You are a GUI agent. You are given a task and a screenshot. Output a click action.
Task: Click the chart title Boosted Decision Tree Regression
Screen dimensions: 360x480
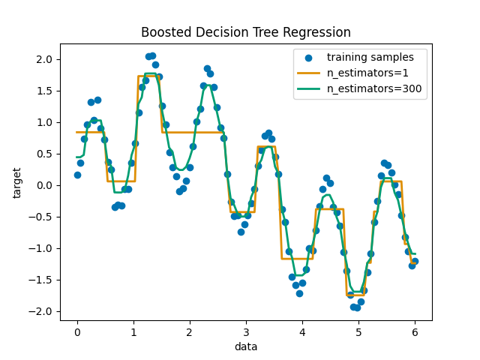(x=246, y=32)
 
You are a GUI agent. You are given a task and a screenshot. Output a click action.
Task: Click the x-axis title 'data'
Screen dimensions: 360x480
(x=246, y=346)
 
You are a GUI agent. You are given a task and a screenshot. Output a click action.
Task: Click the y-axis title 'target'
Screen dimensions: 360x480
(x=17, y=182)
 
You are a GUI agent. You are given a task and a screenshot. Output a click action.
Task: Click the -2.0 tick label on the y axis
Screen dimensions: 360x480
(x=43, y=311)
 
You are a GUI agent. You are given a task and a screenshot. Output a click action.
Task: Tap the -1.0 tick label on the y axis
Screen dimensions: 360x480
(x=43, y=248)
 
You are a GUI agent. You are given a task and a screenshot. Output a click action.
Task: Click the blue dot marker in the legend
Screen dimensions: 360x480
(x=308, y=57)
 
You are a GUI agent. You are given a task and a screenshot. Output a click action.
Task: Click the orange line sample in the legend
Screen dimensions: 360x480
(x=308, y=73)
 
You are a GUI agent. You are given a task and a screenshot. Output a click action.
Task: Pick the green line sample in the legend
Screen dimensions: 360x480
(x=308, y=88)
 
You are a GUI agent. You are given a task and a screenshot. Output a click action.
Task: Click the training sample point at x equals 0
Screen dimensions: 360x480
(x=77, y=175)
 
